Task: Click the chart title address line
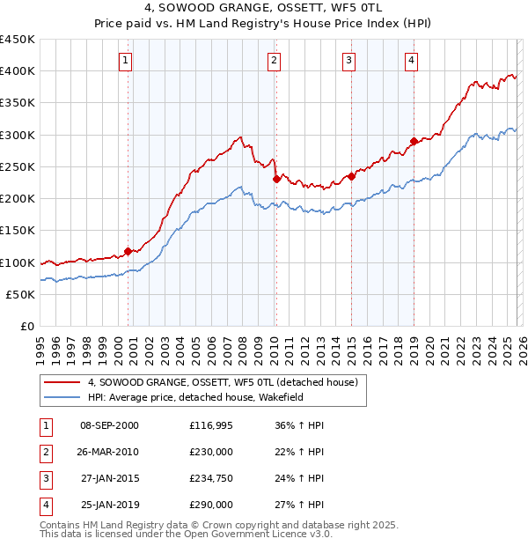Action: pos(264,8)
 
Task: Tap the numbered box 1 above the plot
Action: pos(126,61)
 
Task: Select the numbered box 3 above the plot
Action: pos(349,61)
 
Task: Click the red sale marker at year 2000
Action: pos(128,251)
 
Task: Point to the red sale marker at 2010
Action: pos(276,179)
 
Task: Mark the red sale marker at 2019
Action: pos(414,141)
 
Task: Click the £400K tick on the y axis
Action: pos(18,71)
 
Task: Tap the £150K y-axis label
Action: pos(18,231)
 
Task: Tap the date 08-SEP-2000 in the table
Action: pos(109,426)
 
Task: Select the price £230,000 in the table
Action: pos(211,453)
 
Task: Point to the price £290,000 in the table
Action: pos(211,505)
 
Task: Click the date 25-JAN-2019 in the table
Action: pos(109,505)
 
